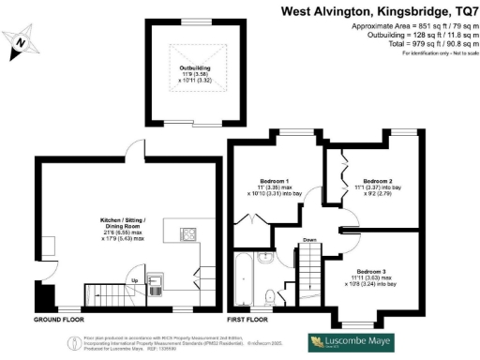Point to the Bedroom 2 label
pyautogui.click(x=377, y=180)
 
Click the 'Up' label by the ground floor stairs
pyautogui.click(x=133, y=279)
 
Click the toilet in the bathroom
pyautogui.click(x=270, y=296)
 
